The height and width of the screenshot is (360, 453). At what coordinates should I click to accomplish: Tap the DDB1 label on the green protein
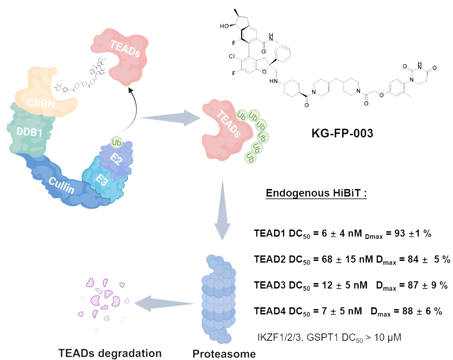click(30, 132)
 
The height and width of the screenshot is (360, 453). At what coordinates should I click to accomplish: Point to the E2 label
click(116, 159)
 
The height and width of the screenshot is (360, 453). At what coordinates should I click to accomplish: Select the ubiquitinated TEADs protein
click(224, 128)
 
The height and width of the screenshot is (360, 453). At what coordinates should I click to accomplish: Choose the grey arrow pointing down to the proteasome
click(222, 209)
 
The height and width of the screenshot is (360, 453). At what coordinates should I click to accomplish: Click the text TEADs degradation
click(110, 353)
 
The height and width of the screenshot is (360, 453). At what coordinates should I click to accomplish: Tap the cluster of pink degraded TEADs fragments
click(103, 302)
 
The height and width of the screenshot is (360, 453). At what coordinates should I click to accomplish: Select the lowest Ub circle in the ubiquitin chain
click(250, 157)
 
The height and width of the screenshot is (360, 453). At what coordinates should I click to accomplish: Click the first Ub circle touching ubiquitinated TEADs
click(241, 116)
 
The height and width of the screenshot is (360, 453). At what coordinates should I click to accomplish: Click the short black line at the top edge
click(237, 13)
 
